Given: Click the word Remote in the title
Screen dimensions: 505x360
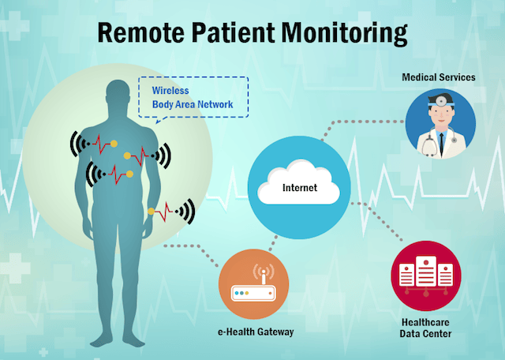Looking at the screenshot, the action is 141,32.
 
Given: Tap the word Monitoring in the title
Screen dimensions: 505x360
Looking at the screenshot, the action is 345,33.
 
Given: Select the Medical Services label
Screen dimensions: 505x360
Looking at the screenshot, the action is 439,77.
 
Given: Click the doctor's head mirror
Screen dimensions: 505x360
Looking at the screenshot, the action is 440,101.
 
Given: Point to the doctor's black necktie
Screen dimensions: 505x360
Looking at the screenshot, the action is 441,144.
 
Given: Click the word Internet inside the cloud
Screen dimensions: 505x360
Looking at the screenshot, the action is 300,188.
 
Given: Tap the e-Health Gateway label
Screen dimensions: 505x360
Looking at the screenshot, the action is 256,332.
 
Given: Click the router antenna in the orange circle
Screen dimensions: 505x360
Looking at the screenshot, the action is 264,276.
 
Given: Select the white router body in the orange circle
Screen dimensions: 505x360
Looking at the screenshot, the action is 253,293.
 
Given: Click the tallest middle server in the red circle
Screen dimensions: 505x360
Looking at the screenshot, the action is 426,271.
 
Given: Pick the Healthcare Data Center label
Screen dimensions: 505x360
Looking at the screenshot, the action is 425,328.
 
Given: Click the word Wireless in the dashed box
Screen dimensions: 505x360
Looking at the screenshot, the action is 170,91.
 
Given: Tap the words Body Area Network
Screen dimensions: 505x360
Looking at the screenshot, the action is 193,104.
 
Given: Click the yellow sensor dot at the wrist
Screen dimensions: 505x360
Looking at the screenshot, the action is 151,212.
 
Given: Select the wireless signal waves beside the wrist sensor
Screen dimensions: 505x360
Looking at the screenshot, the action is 186,212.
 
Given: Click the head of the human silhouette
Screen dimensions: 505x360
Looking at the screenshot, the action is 118,92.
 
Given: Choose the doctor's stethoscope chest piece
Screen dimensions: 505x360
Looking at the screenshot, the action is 454,141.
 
